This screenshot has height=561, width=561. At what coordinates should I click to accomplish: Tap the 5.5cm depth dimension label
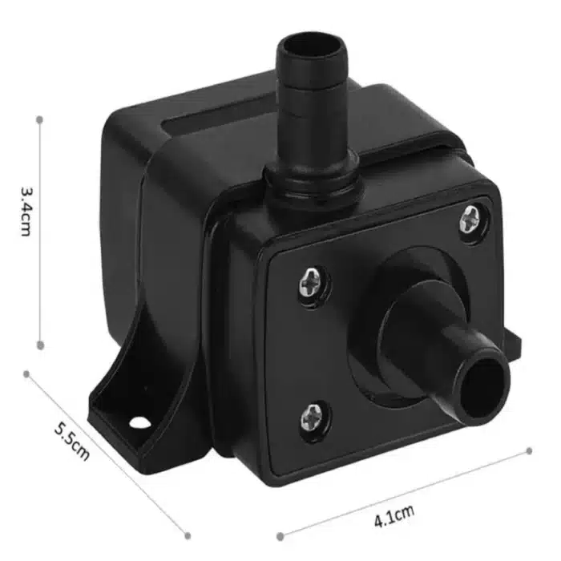(71, 440)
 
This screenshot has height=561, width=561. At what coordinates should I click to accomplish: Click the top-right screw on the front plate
(473, 216)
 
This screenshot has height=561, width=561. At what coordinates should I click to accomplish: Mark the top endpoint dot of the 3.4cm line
(39, 119)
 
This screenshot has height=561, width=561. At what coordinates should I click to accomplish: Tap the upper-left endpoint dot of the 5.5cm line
(26, 373)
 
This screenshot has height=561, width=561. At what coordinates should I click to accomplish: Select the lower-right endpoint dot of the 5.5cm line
(189, 535)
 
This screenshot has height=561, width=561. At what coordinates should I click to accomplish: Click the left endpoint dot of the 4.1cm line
(280, 534)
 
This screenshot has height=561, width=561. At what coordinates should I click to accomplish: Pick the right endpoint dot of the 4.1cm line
(529, 451)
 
